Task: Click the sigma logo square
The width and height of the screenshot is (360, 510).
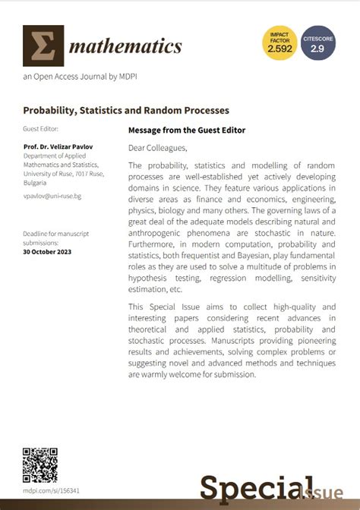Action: click(x=43, y=46)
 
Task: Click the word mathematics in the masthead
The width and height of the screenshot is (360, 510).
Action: click(x=126, y=47)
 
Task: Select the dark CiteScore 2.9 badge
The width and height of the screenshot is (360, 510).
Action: click(x=317, y=43)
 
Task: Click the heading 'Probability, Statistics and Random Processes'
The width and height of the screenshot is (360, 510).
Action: click(x=126, y=111)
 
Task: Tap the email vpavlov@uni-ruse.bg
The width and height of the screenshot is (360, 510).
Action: click(x=52, y=196)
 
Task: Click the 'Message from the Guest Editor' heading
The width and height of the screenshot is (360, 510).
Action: click(x=187, y=130)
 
